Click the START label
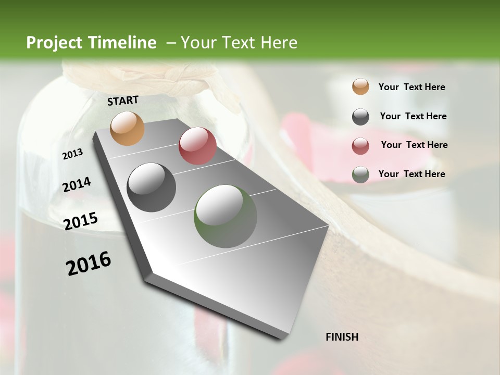tap(123, 101)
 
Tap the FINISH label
tap(342, 337)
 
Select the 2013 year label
tap(73, 154)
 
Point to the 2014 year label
tap(77, 185)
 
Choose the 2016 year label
tap(89, 264)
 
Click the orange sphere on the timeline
tap(128, 128)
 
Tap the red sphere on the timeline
tap(197, 146)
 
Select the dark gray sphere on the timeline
tap(151, 187)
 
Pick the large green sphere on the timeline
tap(226, 216)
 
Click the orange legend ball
tap(360, 86)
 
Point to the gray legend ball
tap(360, 117)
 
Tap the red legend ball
tap(360, 146)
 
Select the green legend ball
tap(360, 174)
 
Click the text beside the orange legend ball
tap(411, 87)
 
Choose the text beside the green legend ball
tap(411, 174)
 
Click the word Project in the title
tap(54, 43)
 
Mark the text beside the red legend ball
tap(414, 145)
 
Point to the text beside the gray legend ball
tap(413, 116)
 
